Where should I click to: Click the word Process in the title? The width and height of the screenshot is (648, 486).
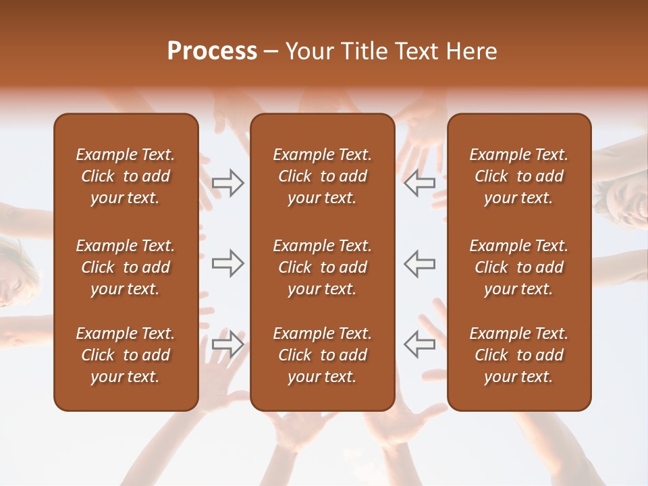tap(212, 51)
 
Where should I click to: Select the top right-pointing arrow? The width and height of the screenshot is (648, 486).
tap(228, 182)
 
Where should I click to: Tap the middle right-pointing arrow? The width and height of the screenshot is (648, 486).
tap(228, 263)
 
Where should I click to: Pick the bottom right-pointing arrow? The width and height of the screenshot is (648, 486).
tap(228, 344)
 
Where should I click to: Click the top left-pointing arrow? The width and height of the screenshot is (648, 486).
tap(419, 182)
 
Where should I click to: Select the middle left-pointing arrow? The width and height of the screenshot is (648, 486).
tap(419, 263)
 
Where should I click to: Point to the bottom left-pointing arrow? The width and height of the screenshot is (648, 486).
tap(419, 344)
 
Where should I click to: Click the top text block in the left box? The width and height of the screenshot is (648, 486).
tap(126, 176)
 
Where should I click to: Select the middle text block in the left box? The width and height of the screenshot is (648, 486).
tap(126, 267)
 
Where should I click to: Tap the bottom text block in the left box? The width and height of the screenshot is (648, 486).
tap(126, 355)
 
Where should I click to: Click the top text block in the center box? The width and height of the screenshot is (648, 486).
tap(322, 176)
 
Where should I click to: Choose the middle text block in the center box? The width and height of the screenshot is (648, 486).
tap(322, 267)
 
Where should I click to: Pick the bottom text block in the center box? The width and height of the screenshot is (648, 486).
tap(322, 355)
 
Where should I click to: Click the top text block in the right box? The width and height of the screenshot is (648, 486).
tap(518, 176)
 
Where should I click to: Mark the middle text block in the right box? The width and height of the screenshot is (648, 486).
tap(518, 267)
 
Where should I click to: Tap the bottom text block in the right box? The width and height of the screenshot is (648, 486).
tap(518, 355)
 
